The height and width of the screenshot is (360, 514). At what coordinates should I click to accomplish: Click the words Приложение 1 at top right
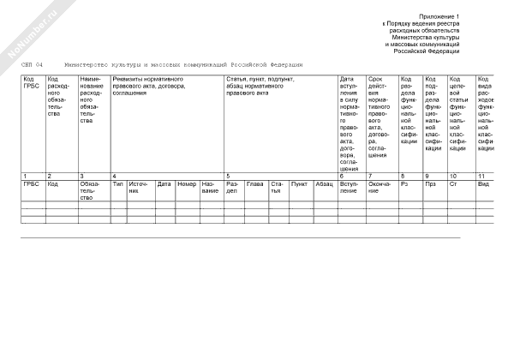click(439, 16)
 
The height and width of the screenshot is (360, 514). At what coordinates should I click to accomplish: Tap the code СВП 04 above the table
click(32, 65)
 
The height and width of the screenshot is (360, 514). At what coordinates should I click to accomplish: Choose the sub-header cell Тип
click(118, 183)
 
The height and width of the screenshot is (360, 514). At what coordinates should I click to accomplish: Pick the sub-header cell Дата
click(164, 183)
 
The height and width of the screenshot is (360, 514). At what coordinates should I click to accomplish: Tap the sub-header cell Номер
click(187, 183)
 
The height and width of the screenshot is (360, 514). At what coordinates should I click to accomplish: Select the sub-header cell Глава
click(254, 183)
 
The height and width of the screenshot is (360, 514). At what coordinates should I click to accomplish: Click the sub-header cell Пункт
click(299, 183)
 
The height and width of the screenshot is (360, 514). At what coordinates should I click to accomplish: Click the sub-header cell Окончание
click(380, 187)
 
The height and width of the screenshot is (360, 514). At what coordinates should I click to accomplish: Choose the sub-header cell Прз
click(430, 183)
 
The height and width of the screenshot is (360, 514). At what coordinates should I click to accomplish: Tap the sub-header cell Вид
click(483, 183)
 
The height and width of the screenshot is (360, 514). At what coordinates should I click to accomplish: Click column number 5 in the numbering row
click(227, 176)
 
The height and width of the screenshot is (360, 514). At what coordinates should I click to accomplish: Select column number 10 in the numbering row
click(454, 176)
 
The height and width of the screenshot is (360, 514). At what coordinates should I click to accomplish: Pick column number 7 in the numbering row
click(370, 176)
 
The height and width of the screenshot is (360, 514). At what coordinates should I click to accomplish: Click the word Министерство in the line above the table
click(87, 65)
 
